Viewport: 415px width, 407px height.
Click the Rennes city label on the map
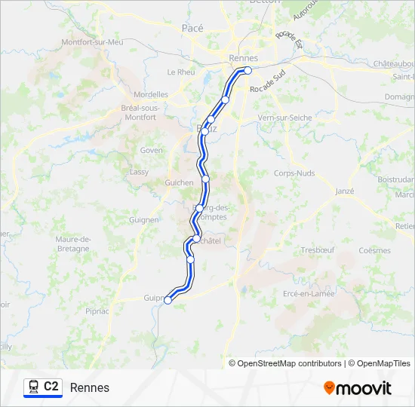click(243, 58)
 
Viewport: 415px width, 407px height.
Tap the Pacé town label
click(192, 27)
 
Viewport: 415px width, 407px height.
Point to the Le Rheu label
click(181, 72)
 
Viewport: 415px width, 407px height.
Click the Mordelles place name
click(150, 95)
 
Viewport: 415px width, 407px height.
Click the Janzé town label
click(343, 191)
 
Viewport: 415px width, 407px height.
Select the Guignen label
click(143, 220)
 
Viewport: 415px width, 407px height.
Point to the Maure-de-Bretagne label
click(73, 244)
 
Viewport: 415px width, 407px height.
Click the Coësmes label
click(374, 250)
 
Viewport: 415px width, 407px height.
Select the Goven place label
click(151, 150)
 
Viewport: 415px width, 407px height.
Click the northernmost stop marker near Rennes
click(247, 71)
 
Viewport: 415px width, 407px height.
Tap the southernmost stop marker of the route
click(168, 299)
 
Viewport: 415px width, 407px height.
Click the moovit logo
click(358, 388)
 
